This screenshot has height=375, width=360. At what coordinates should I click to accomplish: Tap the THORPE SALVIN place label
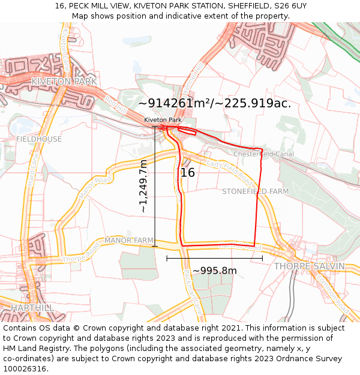coord(309,266)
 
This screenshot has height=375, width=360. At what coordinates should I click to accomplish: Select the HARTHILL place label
coord(32,307)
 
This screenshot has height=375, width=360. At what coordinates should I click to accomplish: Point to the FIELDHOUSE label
coord(38,139)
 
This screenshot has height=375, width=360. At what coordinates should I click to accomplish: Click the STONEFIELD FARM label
coord(255,191)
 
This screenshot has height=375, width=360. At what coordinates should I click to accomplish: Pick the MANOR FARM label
coord(129,241)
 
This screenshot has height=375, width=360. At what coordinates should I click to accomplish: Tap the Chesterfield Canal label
coord(263,154)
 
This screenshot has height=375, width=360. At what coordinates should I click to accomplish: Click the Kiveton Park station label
coord(163,120)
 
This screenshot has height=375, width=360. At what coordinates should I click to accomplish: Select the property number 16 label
coord(188,173)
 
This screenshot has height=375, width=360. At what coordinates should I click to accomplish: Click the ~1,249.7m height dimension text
coord(143,186)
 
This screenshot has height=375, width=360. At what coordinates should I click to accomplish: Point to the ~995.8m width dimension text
coord(214,271)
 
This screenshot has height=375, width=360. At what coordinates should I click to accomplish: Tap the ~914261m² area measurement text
coord(214,103)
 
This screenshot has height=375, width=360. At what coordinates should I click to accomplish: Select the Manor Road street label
coord(95,187)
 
